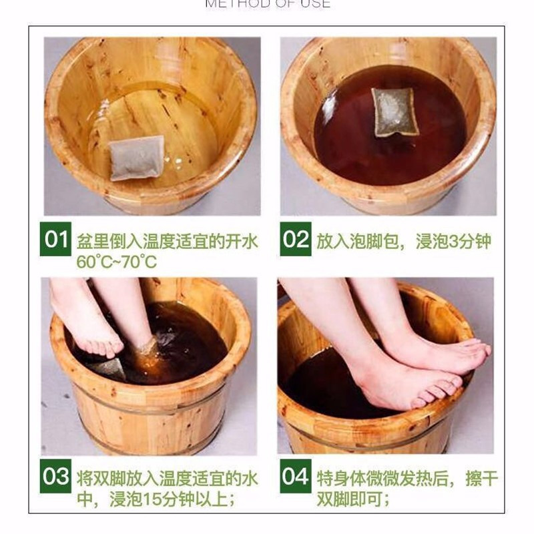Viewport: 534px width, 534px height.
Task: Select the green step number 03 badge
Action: click(55, 477)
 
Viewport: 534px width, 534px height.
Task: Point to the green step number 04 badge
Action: click(296, 477)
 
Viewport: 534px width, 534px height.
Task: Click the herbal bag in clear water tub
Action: click(136, 158)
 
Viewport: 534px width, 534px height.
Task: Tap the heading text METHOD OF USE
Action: click(267, 4)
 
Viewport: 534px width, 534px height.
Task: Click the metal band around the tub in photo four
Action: click(374, 441)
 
